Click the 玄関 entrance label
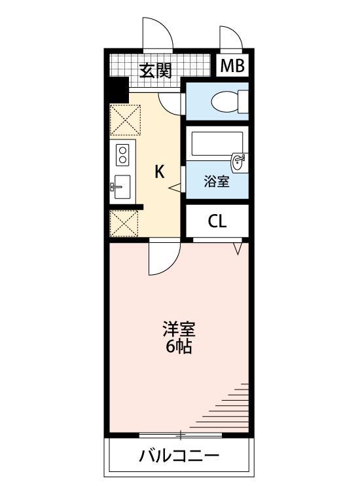(155, 69)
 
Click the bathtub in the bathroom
(216, 143)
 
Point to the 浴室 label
(217, 181)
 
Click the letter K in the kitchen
(159, 172)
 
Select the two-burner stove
(122, 156)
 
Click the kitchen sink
(122, 187)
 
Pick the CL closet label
(217, 221)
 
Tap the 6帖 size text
(179, 347)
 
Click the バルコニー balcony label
(179, 456)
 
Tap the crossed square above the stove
(125, 120)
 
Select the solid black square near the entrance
(118, 86)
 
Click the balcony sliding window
(179, 434)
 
